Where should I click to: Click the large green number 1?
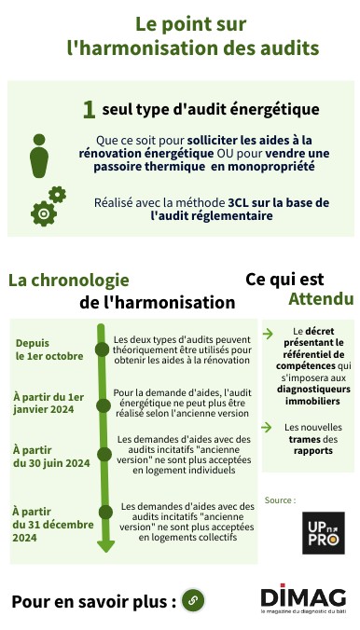pyautogui.click(x=89, y=110)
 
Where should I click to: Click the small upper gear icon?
pyautogui.click(x=57, y=194)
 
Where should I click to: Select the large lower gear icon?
pyautogui.click(x=43, y=213)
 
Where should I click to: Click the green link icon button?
pyautogui.click(x=193, y=599)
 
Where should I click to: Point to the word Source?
pyautogui.click(x=281, y=500)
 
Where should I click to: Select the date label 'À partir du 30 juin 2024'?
pyautogui.click(x=51, y=456)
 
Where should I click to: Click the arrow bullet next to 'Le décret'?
pyautogui.click(x=268, y=332)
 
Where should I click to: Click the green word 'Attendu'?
pyautogui.click(x=321, y=299)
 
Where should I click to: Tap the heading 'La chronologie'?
pyautogui.click(x=69, y=281)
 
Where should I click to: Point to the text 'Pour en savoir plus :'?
pyautogui.click(x=93, y=601)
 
